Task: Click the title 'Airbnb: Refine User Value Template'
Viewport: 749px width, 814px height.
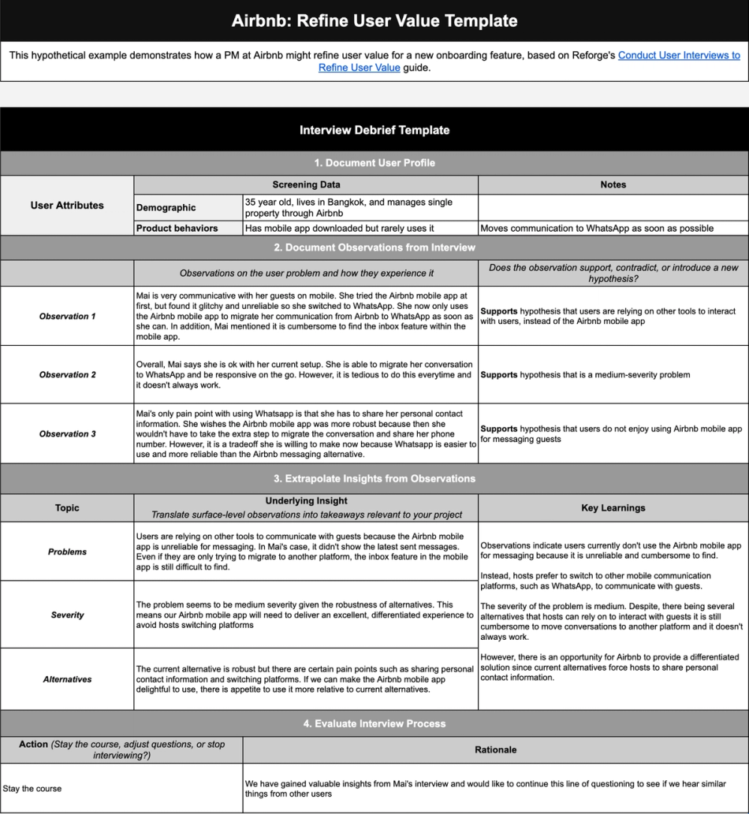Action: pyautogui.click(x=374, y=20)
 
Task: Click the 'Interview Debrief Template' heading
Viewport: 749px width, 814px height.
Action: pyautogui.click(x=374, y=129)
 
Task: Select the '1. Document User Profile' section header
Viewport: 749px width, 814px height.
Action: pyautogui.click(x=374, y=163)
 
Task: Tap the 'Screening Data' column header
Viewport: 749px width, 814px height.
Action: pyautogui.click(x=306, y=185)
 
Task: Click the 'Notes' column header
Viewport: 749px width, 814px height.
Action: pyautogui.click(x=613, y=185)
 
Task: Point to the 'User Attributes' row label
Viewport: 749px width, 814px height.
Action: pyautogui.click(x=67, y=206)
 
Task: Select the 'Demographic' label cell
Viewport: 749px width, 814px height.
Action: pyautogui.click(x=166, y=208)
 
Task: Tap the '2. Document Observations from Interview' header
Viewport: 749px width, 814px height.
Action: pyautogui.click(x=374, y=247)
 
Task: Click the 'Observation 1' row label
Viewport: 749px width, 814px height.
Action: pyautogui.click(x=67, y=316)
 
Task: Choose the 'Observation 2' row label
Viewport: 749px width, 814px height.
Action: pyautogui.click(x=67, y=375)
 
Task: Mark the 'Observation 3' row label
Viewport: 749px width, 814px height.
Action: pyautogui.click(x=67, y=434)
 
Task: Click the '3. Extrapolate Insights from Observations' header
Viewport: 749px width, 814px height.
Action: pyautogui.click(x=374, y=478)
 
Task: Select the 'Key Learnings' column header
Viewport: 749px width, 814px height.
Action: pyautogui.click(x=613, y=508)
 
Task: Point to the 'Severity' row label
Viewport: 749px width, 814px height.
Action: pyautogui.click(x=67, y=615)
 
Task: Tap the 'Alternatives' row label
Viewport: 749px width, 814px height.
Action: pyautogui.click(x=67, y=679)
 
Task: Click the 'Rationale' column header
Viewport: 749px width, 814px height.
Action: pyautogui.click(x=496, y=749)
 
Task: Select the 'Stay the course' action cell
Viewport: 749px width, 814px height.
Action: pyautogui.click(x=32, y=788)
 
